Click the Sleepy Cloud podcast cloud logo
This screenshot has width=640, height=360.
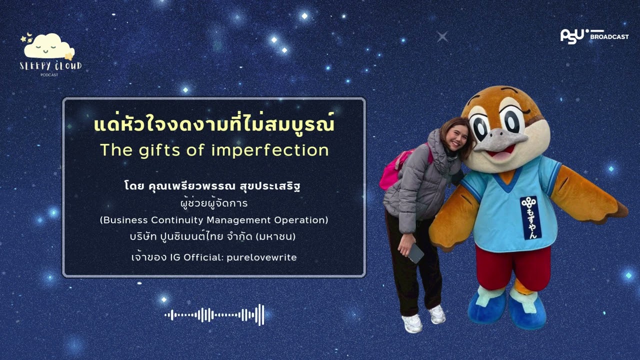pyautogui.click(x=49, y=47)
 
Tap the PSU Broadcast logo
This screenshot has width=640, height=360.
pyautogui.click(x=594, y=36)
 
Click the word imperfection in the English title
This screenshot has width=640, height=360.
pyautogui.click(x=270, y=150)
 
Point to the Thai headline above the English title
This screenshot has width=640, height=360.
pyautogui.click(x=214, y=124)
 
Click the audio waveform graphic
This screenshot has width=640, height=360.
pyautogui.click(x=214, y=314)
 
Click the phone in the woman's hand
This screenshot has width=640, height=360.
pyautogui.click(x=416, y=253)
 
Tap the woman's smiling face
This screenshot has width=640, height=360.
pyautogui.click(x=456, y=135)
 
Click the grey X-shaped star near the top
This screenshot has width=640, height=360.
pyautogui.click(x=442, y=36)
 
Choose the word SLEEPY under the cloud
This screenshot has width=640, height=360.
pyautogui.click(x=34, y=66)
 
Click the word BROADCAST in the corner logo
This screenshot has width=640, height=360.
pyautogui.click(x=609, y=37)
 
